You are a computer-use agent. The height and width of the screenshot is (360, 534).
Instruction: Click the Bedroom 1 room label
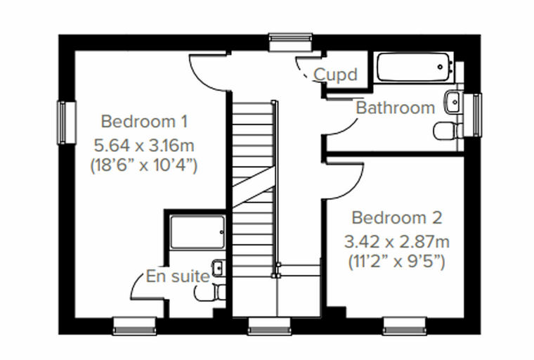[144, 122]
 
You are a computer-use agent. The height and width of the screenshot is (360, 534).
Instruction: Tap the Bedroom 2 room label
[397, 218]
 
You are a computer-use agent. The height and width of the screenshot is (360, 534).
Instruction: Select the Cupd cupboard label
[335, 75]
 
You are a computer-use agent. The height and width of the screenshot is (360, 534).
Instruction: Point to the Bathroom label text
[396, 108]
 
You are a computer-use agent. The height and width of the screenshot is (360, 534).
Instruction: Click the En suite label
[178, 276]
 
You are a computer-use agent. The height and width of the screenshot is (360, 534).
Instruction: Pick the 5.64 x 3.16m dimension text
[144, 146]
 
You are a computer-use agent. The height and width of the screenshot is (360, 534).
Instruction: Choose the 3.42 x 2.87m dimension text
[397, 242]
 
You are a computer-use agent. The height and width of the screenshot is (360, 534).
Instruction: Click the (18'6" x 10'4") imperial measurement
[144, 166]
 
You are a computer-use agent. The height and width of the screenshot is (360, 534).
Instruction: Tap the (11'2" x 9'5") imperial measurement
[397, 262]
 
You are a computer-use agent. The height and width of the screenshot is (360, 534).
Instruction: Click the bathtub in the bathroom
[413, 67]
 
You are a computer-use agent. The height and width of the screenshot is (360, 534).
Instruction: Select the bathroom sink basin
[454, 101]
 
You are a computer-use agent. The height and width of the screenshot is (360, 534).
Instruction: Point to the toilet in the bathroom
[448, 131]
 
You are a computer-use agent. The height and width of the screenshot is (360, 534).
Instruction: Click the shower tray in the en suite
[197, 232]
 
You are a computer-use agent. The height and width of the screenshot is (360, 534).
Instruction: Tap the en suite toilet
[210, 292]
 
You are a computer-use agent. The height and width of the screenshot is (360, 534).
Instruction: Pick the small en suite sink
[219, 268]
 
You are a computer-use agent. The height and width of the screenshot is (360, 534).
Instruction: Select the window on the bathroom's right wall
[473, 115]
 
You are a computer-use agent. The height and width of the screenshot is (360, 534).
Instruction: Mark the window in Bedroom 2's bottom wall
[405, 326]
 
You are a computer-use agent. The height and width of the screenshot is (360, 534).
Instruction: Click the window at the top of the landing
[290, 42]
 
